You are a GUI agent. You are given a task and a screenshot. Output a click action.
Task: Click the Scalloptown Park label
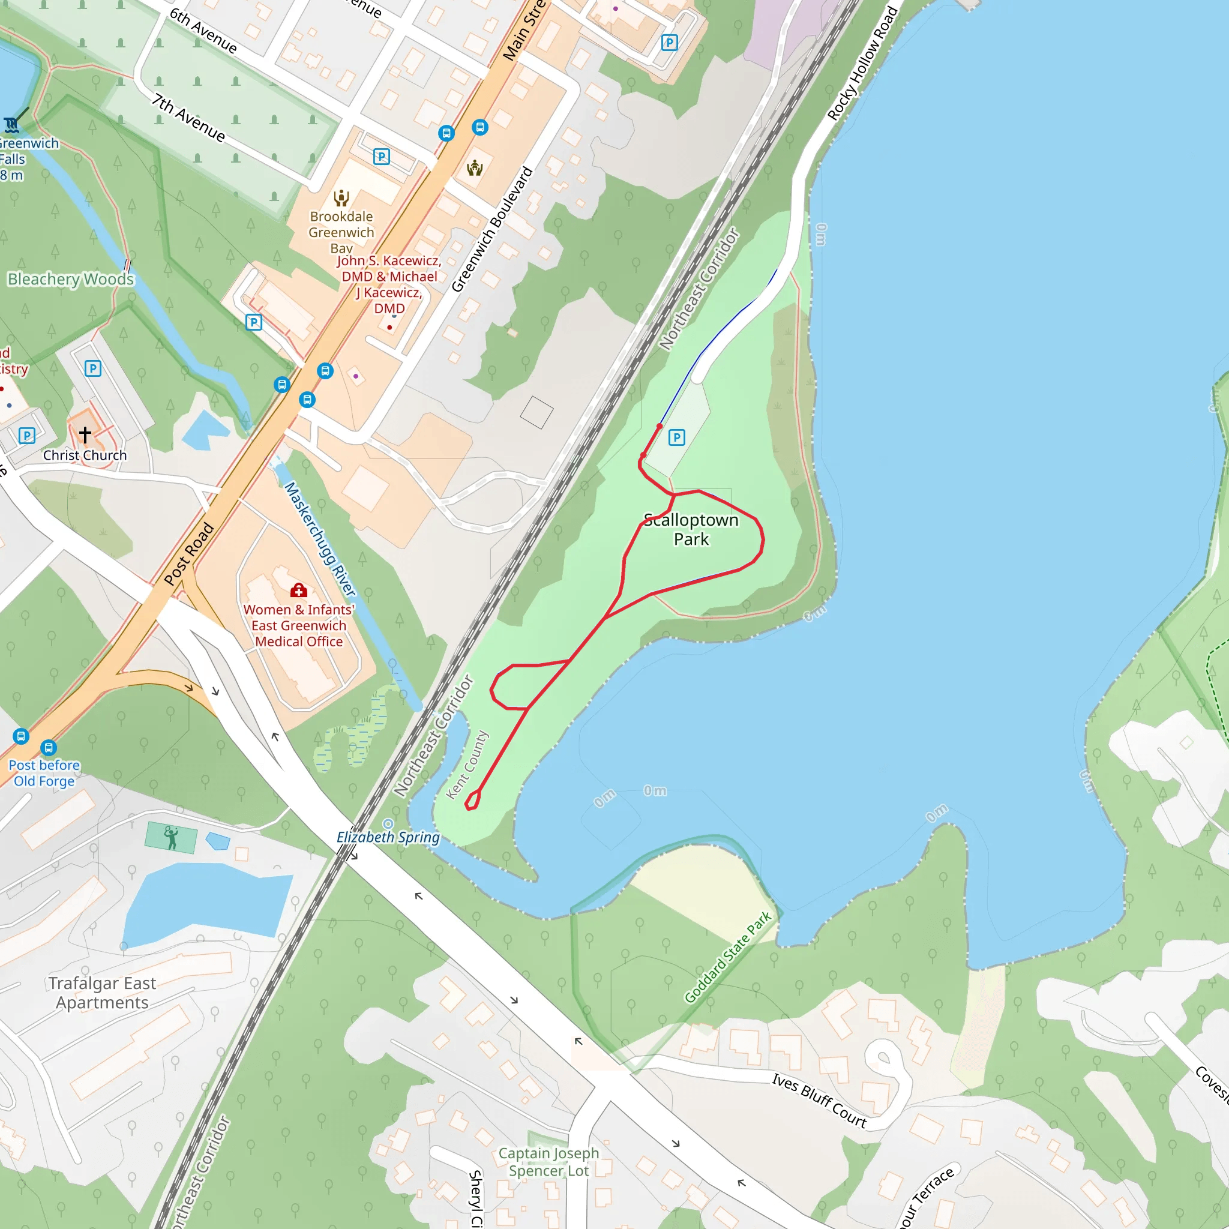click(x=691, y=529)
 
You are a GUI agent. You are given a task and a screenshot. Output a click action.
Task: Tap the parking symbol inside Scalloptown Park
click(x=677, y=437)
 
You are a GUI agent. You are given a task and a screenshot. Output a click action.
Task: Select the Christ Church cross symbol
click(x=85, y=434)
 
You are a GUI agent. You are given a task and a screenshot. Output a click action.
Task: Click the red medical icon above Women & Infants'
click(x=298, y=591)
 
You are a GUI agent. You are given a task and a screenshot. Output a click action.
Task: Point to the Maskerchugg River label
click(x=319, y=539)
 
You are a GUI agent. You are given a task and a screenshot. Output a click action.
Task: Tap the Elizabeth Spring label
click(x=388, y=837)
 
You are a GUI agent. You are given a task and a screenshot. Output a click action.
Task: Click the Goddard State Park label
click(x=728, y=957)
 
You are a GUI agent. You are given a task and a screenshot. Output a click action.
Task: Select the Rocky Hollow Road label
click(x=862, y=64)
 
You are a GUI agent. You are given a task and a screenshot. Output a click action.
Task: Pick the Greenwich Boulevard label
click(x=491, y=229)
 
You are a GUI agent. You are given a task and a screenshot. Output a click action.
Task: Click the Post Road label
click(x=189, y=553)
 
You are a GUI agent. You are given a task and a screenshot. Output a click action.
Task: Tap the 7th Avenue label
click(x=188, y=118)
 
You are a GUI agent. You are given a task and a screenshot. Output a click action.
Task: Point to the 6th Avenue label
click(x=203, y=31)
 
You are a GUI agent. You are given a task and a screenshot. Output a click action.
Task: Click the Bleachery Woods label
click(x=71, y=279)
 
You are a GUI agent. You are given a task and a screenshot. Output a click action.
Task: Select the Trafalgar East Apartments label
click(x=102, y=993)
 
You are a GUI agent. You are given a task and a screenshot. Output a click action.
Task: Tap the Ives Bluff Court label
click(x=819, y=1100)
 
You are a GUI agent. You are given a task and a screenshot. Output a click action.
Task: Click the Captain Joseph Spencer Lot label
click(x=548, y=1162)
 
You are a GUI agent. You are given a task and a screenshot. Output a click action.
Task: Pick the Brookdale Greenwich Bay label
click(x=341, y=232)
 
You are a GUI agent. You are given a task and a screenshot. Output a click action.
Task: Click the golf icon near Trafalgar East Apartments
click(x=170, y=837)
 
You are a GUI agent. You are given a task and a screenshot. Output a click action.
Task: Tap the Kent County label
click(x=467, y=765)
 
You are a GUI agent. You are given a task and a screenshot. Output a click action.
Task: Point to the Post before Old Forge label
click(x=44, y=773)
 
